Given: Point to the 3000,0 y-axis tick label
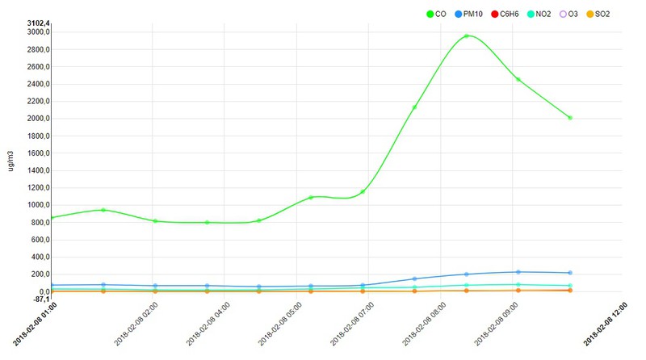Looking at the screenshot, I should click(x=39, y=32).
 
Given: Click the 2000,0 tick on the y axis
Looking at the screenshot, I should click(x=39, y=119).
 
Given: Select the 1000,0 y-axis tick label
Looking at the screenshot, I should click(x=39, y=205).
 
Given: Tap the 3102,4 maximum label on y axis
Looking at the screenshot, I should click(x=39, y=23).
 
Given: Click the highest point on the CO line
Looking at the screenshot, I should click(x=467, y=36).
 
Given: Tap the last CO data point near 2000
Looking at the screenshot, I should click(x=570, y=118).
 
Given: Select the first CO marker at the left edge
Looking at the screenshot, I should click(x=52, y=218).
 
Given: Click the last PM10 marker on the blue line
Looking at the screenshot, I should click(x=570, y=273).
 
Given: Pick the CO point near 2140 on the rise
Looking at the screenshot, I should click(x=415, y=107).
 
